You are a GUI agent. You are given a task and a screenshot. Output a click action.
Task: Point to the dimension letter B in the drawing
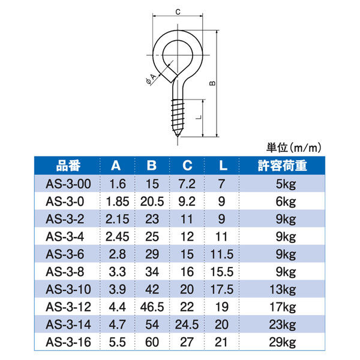[x=211, y=84]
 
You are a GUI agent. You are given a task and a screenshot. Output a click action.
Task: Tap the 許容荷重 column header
[x=282, y=166]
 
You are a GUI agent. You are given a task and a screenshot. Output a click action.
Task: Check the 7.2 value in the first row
[x=187, y=183]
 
